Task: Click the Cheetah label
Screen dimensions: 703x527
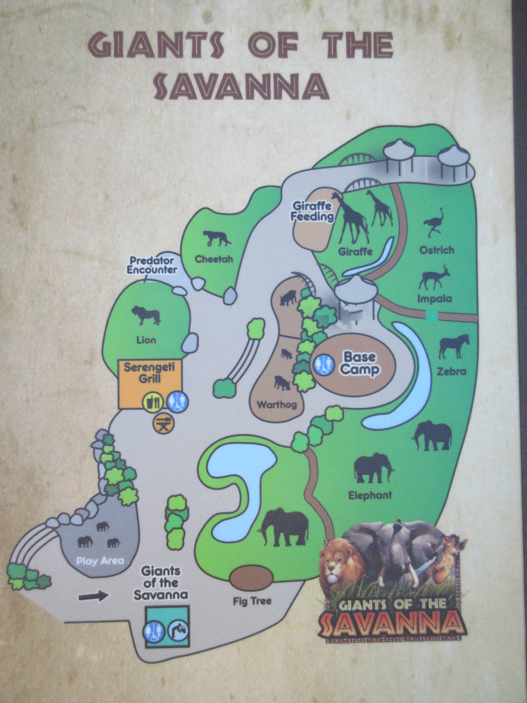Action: click(x=214, y=259)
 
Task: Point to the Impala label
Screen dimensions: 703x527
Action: click(x=434, y=299)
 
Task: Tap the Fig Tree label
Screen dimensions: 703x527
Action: click(x=252, y=601)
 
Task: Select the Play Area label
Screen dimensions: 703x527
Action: click(x=100, y=561)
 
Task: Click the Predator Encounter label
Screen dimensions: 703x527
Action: click(x=152, y=266)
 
